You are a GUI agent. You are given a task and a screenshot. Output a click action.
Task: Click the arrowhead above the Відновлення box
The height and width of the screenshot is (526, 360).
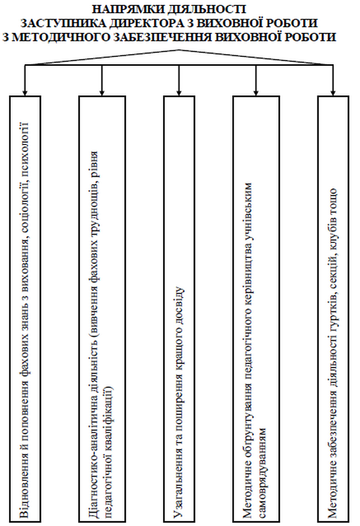[25, 92]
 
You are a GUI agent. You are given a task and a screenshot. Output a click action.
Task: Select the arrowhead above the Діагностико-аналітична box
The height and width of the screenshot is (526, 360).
[102, 92]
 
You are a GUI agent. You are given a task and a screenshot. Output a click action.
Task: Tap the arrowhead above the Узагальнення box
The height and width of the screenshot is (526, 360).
[179, 92]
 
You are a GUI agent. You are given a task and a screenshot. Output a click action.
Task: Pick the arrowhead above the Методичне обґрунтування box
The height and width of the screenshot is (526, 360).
[256, 92]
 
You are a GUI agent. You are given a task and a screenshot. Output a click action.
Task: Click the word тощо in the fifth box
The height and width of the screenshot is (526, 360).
[333, 199]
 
